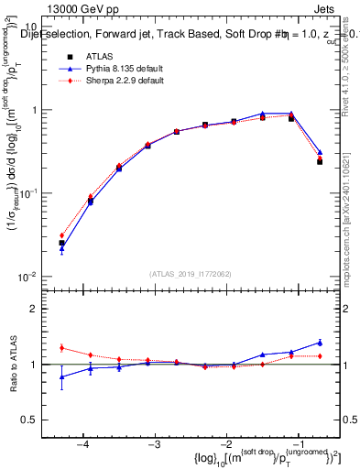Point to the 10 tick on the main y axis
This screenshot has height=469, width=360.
[x=33, y=27]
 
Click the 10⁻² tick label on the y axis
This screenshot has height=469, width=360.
[x=30, y=277]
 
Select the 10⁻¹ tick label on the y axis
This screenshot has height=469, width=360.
[x=30, y=193]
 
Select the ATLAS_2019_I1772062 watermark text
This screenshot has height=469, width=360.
[x=190, y=274]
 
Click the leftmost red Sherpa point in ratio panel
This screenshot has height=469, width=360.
[x=61, y=347]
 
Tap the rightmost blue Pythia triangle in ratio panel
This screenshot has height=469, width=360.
[x=320, y=343]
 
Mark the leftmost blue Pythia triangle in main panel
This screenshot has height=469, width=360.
[x=61, y=248]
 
